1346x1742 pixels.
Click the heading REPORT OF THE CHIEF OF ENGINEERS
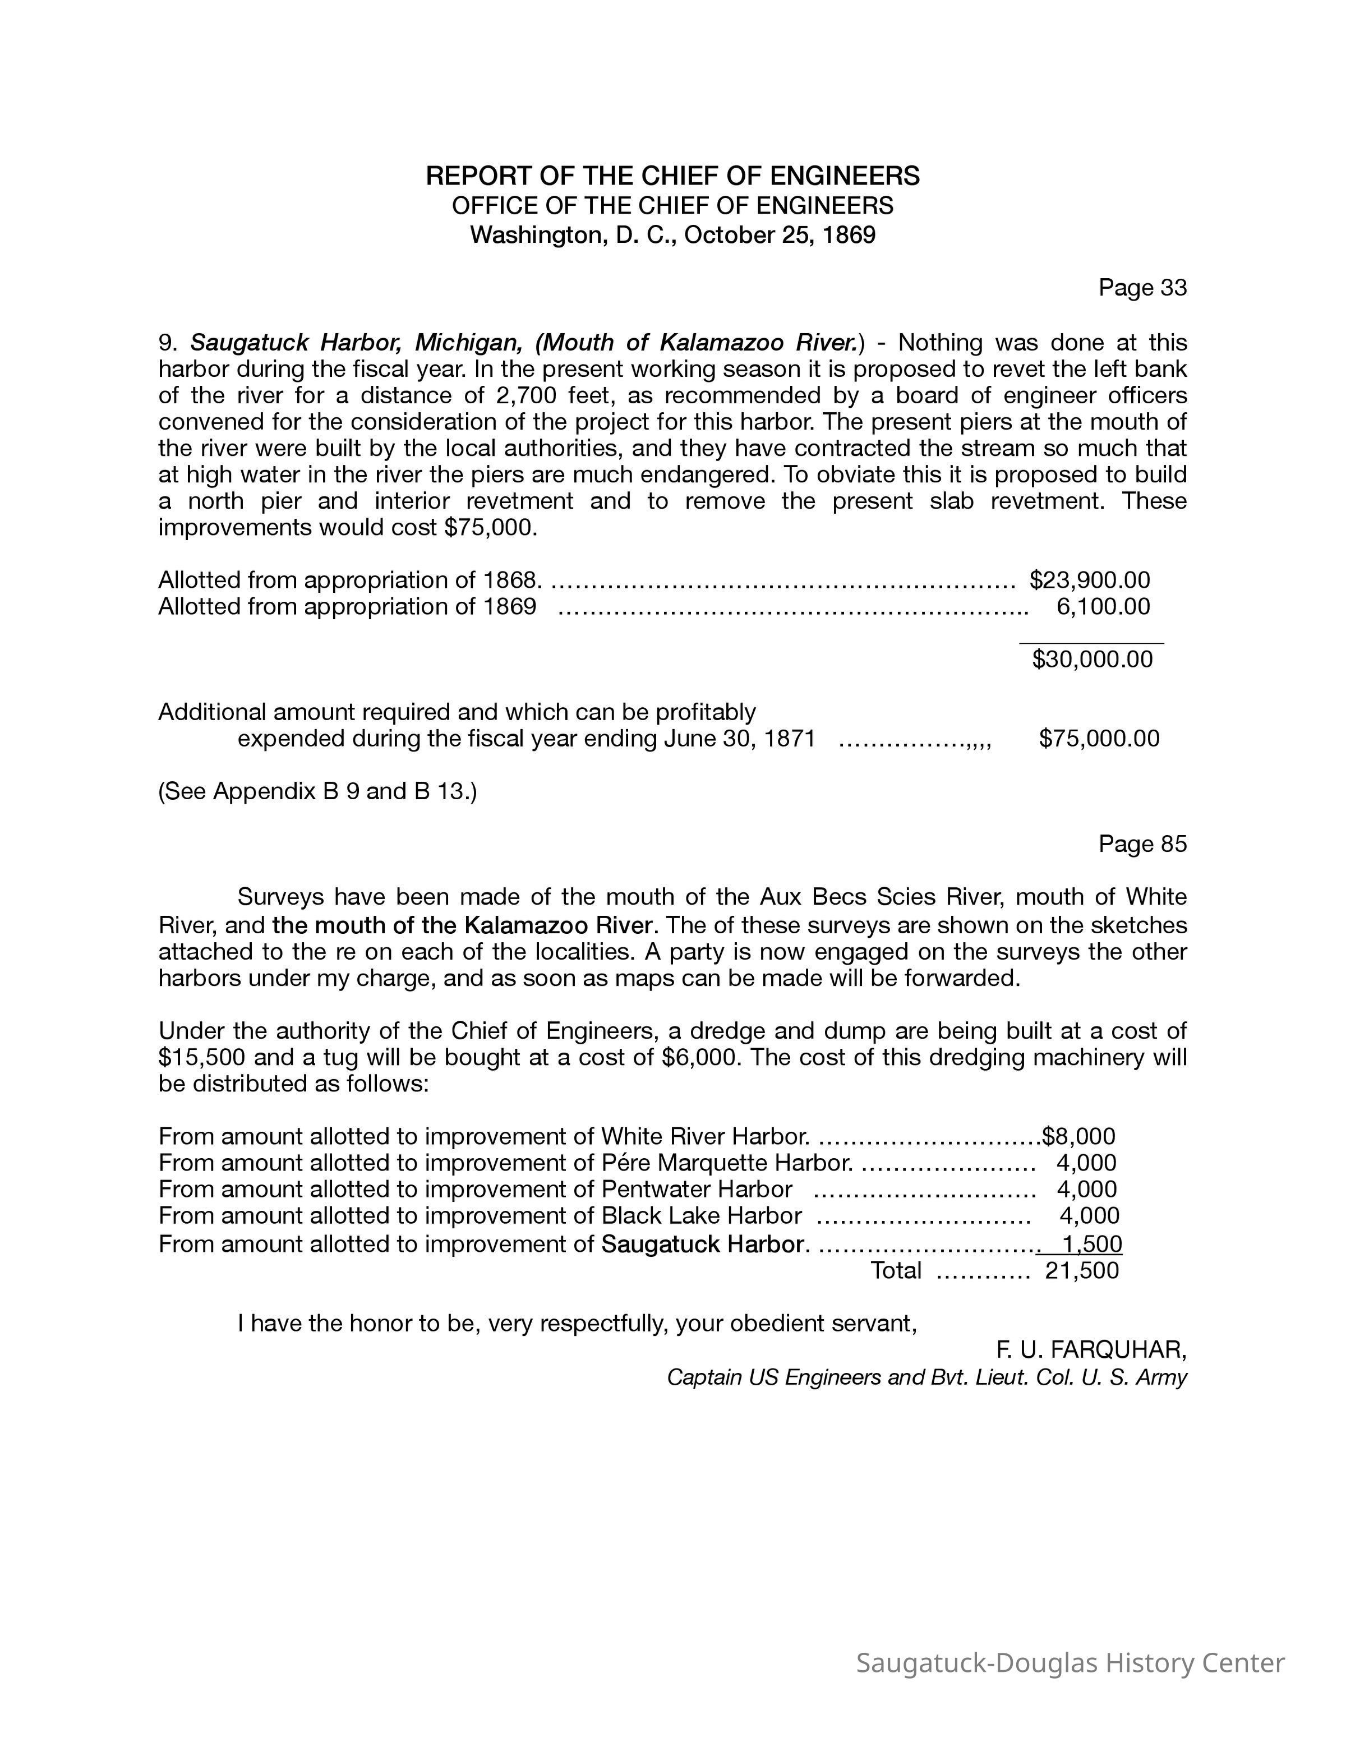tap(672, 176)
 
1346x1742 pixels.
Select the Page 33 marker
tap(1142, 288)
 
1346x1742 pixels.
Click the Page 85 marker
tap(1142, 844)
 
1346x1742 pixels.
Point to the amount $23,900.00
tap(1089, 580)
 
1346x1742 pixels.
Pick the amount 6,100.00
tap(1103, 607)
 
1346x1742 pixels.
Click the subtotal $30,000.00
tap(1091, 660)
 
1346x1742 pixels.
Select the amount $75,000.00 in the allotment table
tap(1099, 739)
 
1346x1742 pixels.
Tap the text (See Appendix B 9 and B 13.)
tap(317, 791)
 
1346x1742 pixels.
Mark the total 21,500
tap(1081, 1271)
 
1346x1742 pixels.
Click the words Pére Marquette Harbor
tap(726, 1163)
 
